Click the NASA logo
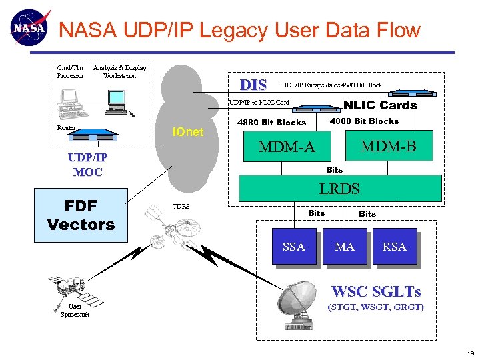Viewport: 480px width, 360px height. pos(29,28)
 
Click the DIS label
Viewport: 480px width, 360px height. pos(253,85)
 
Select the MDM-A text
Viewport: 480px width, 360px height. pos(287,146)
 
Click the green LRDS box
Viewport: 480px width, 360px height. pos(339,188)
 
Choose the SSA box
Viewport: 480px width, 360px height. pos(293,247)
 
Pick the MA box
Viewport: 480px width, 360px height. pos(345,247)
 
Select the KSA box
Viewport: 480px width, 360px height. pos(395,247)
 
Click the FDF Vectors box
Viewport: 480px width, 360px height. pos(81,215)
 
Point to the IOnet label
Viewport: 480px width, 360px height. pos(187,132)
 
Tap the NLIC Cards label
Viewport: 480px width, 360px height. pos(379,105)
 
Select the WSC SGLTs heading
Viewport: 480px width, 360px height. pos(376,291)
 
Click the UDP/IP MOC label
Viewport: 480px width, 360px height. pos(87,165)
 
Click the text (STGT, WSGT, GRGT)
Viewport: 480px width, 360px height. pos(375,307)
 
